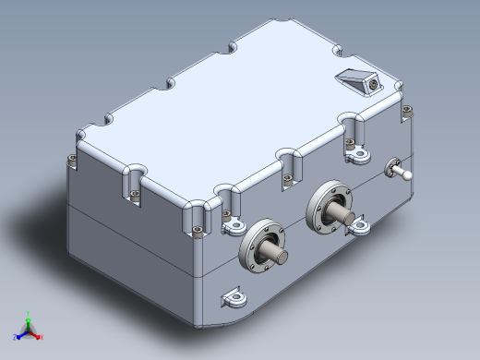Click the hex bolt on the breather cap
371,83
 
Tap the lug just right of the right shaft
360,225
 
